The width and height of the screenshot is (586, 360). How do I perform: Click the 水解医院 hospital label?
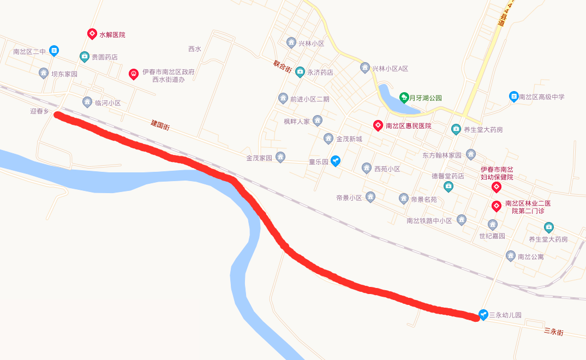click(x=112, y=34)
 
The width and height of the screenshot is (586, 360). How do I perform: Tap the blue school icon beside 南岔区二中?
click(x=54, y=51)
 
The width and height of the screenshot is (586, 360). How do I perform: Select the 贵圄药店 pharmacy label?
click(x=104, y=57)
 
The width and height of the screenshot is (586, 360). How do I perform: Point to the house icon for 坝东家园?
click(x=44, y=73)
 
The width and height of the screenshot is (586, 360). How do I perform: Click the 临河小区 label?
click(x=107, y=103)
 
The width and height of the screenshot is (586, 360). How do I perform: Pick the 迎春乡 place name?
click(x=39, y=111)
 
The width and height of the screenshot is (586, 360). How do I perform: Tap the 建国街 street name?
click(x=160, y=125)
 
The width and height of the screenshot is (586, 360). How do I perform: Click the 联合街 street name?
click(x=283, y=66)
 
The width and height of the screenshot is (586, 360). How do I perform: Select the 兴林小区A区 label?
click(x=390, y=69)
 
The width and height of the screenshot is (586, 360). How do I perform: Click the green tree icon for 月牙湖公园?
click(x=404, y=98)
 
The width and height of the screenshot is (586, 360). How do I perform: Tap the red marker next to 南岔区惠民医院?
click(x=378, y=125)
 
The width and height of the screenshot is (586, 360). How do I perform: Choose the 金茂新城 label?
click(x=349, y=139)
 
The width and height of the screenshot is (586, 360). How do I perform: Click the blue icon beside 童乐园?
click(x=336, y=161)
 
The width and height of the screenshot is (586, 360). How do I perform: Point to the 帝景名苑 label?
click(x=424, y=199)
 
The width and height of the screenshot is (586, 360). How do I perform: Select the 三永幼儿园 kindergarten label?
click(x=505, y=315)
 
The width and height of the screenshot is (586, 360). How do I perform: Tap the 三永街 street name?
click(x=553, y=331)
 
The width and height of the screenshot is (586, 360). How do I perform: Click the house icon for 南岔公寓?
click(x=511, y=255)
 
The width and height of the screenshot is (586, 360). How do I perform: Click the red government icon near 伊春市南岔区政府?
click(x=134, y=74)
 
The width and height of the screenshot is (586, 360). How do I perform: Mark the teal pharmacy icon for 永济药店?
click(x=300, y=71)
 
